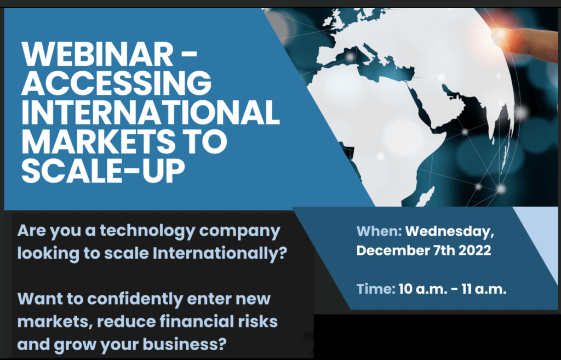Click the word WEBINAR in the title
coord(98,54)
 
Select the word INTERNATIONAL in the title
coord(151,111)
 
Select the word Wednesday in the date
coord(449,232)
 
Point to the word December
coord(392,250)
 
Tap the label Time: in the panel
coord(376,289)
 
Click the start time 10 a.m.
coord(422,289)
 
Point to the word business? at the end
coord(184,344)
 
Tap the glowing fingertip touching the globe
coord(501,35)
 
